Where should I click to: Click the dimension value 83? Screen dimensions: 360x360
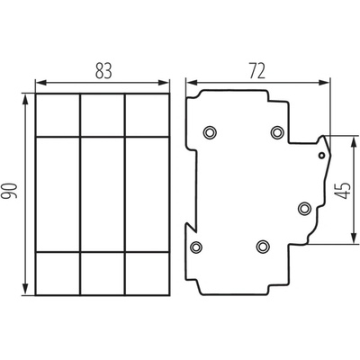tap(103, 71)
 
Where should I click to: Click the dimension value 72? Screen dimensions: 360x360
tap(257, 71)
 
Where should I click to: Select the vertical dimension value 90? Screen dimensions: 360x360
tap(9, 191)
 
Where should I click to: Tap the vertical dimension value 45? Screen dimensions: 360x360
tap(342, 190)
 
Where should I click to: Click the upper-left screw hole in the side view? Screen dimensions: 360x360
tap(210, 132)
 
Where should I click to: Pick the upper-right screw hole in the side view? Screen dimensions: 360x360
tap(277, 132)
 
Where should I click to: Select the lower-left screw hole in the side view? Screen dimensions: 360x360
tap(196, 247)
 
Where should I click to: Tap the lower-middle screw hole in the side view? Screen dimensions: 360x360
tap(263, 247)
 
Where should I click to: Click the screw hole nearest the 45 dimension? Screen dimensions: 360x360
tap(304, 208)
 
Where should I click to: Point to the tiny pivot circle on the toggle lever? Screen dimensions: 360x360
tap(321, 156)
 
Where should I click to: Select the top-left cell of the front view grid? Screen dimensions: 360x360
tap(58, 115)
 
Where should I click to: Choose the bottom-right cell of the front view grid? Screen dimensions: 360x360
tap(147, 274)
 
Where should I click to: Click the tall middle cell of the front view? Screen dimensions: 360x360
tap(103, 194)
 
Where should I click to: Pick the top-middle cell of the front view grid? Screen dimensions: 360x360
tap(103, 115)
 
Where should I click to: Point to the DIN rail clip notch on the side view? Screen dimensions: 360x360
tap(191, 228)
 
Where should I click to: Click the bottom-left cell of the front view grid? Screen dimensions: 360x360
tap(58, 274)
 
